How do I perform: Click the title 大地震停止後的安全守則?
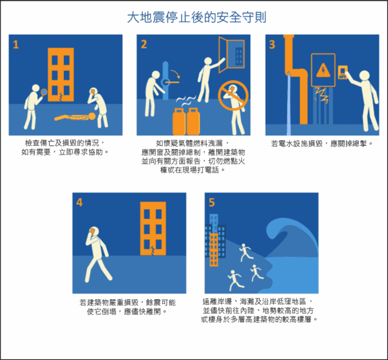point(196,17)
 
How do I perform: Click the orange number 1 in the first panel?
point(16,45)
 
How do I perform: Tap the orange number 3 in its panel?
point(272,45)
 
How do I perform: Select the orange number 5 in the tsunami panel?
point(212,202)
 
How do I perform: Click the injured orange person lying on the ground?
point(75,117)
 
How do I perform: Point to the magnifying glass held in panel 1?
point(44,92)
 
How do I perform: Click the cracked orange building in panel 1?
point(61,74)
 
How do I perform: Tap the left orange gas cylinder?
point(179,122)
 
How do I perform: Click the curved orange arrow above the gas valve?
point(176,73)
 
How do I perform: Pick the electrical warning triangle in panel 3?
point(323,70)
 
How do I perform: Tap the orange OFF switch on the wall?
point(343,72)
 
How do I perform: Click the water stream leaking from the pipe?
point(289,103)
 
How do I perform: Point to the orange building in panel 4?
point(153,228)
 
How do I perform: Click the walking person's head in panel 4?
point(94,232)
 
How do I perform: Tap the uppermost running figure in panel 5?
point(245,252)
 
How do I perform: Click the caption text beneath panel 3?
point(322,143)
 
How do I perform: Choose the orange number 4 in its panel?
point(79,202)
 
